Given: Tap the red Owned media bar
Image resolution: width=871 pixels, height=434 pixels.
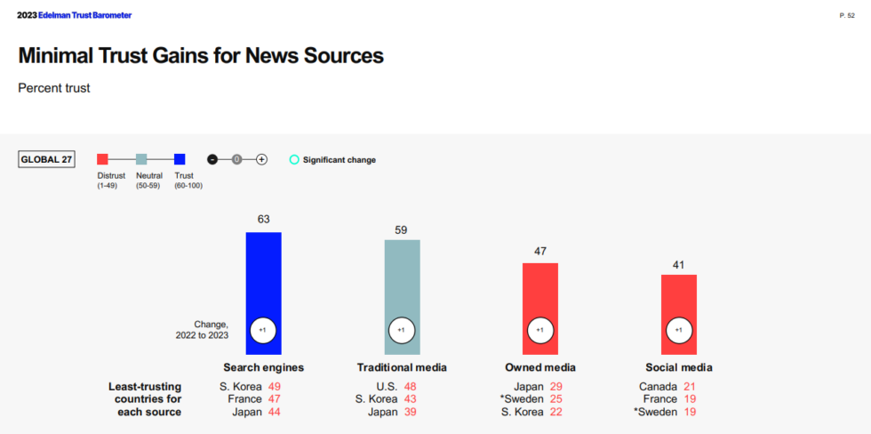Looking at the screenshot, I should coord(540,293).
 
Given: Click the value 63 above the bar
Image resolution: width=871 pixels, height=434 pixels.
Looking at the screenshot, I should coord(263,219).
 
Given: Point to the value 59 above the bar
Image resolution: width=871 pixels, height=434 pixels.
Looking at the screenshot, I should coord(402,229).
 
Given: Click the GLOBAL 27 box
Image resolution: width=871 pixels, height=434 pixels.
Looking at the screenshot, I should coord(46,160).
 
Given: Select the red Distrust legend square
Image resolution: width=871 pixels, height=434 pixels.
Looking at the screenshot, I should coord(102,159).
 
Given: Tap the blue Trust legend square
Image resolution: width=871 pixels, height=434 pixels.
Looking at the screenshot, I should coord(180,159).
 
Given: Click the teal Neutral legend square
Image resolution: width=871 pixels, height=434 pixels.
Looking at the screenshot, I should coord(141,159).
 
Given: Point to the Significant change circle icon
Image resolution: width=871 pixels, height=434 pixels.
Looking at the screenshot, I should coord(294,160).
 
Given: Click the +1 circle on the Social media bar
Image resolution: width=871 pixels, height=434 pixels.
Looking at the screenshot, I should coord(678,330).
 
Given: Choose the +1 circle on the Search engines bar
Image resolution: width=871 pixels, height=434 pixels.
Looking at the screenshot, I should coord(263,330).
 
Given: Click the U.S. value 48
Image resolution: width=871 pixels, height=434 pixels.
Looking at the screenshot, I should coord(411,387).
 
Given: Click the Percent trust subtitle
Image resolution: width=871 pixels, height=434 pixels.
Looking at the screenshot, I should coord(54,88).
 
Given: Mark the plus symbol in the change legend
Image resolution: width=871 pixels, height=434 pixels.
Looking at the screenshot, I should coord(261,159).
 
